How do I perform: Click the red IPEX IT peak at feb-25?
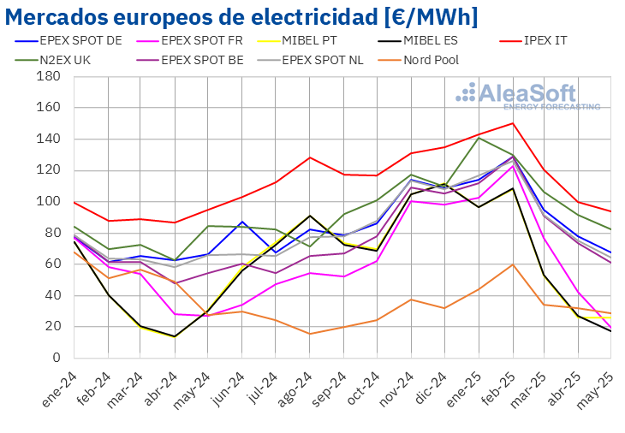coord(513,123)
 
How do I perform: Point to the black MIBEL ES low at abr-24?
coord(175,336)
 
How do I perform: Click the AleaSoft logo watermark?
coord(527,96)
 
